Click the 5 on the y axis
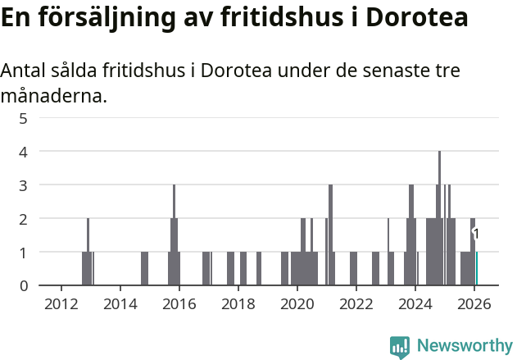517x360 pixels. tap(24, 118)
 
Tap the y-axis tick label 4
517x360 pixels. tap(24, 152)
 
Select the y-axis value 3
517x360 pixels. tap(24, 185)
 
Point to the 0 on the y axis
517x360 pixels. tap(24, 285)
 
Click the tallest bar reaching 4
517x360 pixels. tap(440, 217)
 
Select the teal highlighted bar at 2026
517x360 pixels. tap(477, 269)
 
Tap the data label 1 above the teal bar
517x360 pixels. tap(476, 235)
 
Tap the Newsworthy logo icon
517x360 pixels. tap(400, 346)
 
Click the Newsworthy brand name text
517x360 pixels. tap(465, 346)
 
